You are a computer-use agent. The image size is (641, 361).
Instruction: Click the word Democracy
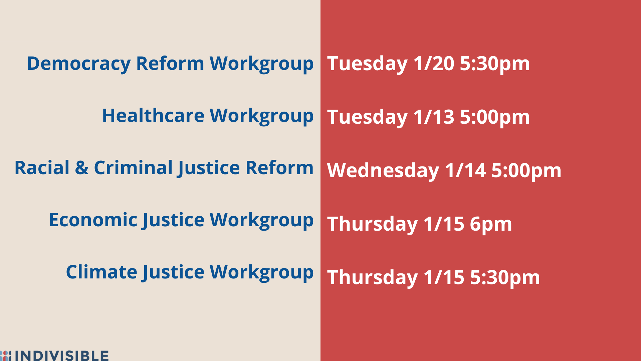pos(79,64)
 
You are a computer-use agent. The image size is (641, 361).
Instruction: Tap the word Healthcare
pos(153,115)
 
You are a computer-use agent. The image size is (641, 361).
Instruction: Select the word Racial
pos(42,167)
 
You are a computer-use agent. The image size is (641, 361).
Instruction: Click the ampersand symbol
pos(82,168)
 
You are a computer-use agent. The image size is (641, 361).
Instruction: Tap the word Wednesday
pos(383,171)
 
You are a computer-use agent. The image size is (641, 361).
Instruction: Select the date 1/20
pos(434,63)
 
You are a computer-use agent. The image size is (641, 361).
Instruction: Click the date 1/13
pos(434,117)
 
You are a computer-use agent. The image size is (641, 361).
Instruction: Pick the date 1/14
pos(465,170)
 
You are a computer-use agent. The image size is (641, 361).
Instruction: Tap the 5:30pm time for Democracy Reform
pos(495,64)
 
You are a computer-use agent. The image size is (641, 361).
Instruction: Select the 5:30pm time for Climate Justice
pos(505,278)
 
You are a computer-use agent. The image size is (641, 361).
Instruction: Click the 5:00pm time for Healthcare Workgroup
pos(495,117)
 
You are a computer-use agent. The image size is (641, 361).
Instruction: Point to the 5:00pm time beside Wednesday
pos(526,171)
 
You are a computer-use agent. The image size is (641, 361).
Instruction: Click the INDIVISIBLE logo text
pos(62,356)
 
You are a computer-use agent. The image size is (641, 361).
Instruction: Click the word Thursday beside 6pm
pos(373,224)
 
